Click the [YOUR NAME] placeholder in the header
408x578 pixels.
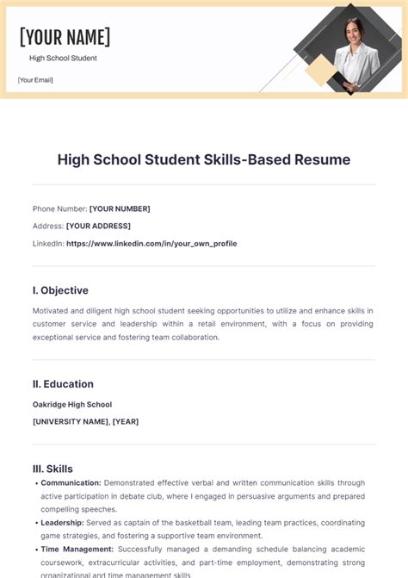tap(65, 37)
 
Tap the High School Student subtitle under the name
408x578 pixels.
tap(63, 59)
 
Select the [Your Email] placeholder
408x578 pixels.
tap(35, 81)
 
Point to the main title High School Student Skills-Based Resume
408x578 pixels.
tap(204, 159)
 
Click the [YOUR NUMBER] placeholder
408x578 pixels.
tap(120, 208)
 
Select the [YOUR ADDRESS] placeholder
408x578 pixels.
tap(98, 226)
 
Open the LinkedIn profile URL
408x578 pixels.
tap(151, 244)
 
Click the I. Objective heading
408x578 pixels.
tap(60, 290)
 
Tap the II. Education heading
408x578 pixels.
tap(63, 384)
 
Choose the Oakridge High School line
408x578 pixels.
tap(72, 404)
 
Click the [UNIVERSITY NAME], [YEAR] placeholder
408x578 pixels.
tap(85, 422)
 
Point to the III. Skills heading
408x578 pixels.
tap(53, 469)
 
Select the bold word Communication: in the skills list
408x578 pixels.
tap(71, 483)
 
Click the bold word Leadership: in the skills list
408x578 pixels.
tap(62, 522)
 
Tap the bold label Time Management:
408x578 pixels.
tap(76, 549)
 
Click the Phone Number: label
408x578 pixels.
tap(59, 208)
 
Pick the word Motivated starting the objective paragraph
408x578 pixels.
tap(52, 310)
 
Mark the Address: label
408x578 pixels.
tap(47, 226)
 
